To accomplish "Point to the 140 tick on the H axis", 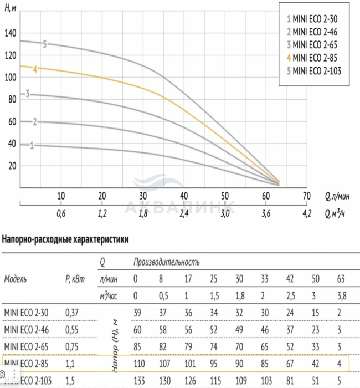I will point(11,33).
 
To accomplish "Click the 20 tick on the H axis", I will point(12,166).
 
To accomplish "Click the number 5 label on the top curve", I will point(44,43).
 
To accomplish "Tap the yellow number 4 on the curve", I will point(35,69).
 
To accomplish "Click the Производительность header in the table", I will point(166,261).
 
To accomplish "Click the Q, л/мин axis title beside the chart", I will point(336,196).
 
